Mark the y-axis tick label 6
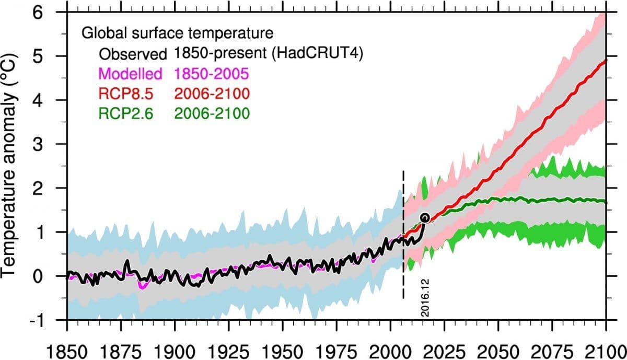pos(54,13)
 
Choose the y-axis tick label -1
pos(50,319)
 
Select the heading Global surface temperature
pos(178,33)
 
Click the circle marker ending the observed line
pos(425,218)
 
